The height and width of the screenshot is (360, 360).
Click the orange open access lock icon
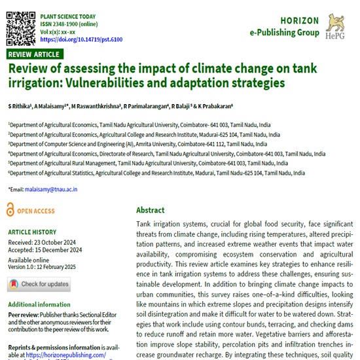point(10,210)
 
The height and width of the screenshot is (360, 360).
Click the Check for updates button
point(39,284)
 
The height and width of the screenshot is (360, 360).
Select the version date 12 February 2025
point(70,266)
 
